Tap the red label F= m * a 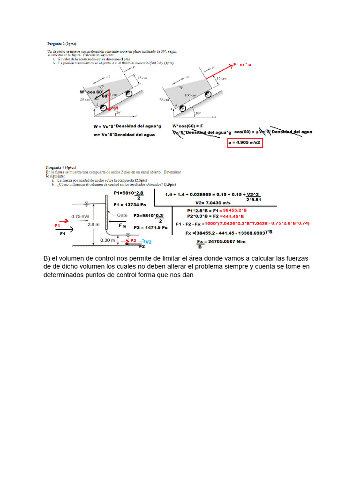pos(242,65)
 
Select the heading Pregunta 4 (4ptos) pos(60,167)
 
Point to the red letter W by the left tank pos(116,108)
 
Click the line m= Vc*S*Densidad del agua pos(125,135)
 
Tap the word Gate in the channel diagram pos(122,215)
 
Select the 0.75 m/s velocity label pos(81,216)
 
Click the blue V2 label pos(148,242)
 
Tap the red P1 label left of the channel pos(58,225)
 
